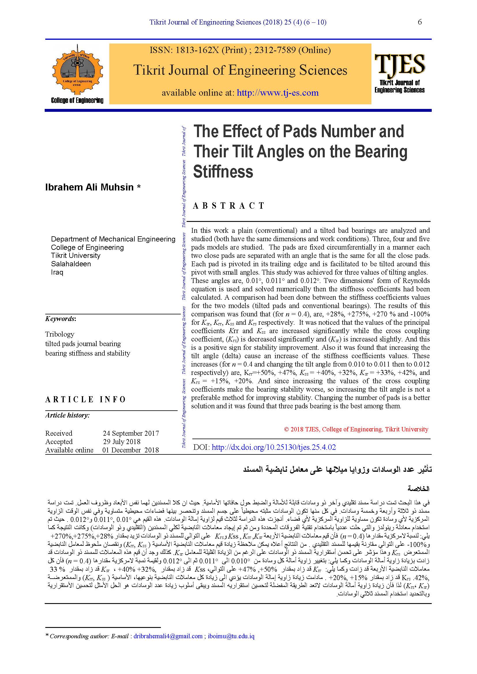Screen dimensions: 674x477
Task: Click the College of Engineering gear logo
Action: click(x=77, y=72)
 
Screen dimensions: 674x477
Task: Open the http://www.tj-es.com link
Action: click(x=277, y=93)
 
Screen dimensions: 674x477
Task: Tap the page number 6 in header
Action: click(x=420, y=22)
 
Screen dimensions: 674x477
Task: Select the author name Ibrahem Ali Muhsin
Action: click(x=89, y=187)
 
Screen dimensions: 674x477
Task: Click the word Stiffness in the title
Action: click(x=223, y=172)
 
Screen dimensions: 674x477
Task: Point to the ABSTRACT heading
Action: click(x=229, y=206)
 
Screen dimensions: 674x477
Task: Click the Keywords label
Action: click(x=61, y=319)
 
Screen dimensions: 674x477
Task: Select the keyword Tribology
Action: click(x=60, y=334)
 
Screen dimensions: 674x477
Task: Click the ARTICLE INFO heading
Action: click(x=85, y=399)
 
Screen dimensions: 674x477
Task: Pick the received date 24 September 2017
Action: click(x=131, y=433)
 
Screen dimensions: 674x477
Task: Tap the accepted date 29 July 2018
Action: click(x=122, y=441)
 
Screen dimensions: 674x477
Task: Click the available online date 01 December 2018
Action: click(x=131, y=450)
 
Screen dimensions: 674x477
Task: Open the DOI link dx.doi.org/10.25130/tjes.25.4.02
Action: click(x=273, y=447)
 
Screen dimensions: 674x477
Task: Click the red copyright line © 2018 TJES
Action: click(x=356, y=429)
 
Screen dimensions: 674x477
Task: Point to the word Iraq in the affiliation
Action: click(x=57, y=272)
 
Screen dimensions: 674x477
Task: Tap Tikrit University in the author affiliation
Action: click(x=76, y=255)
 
